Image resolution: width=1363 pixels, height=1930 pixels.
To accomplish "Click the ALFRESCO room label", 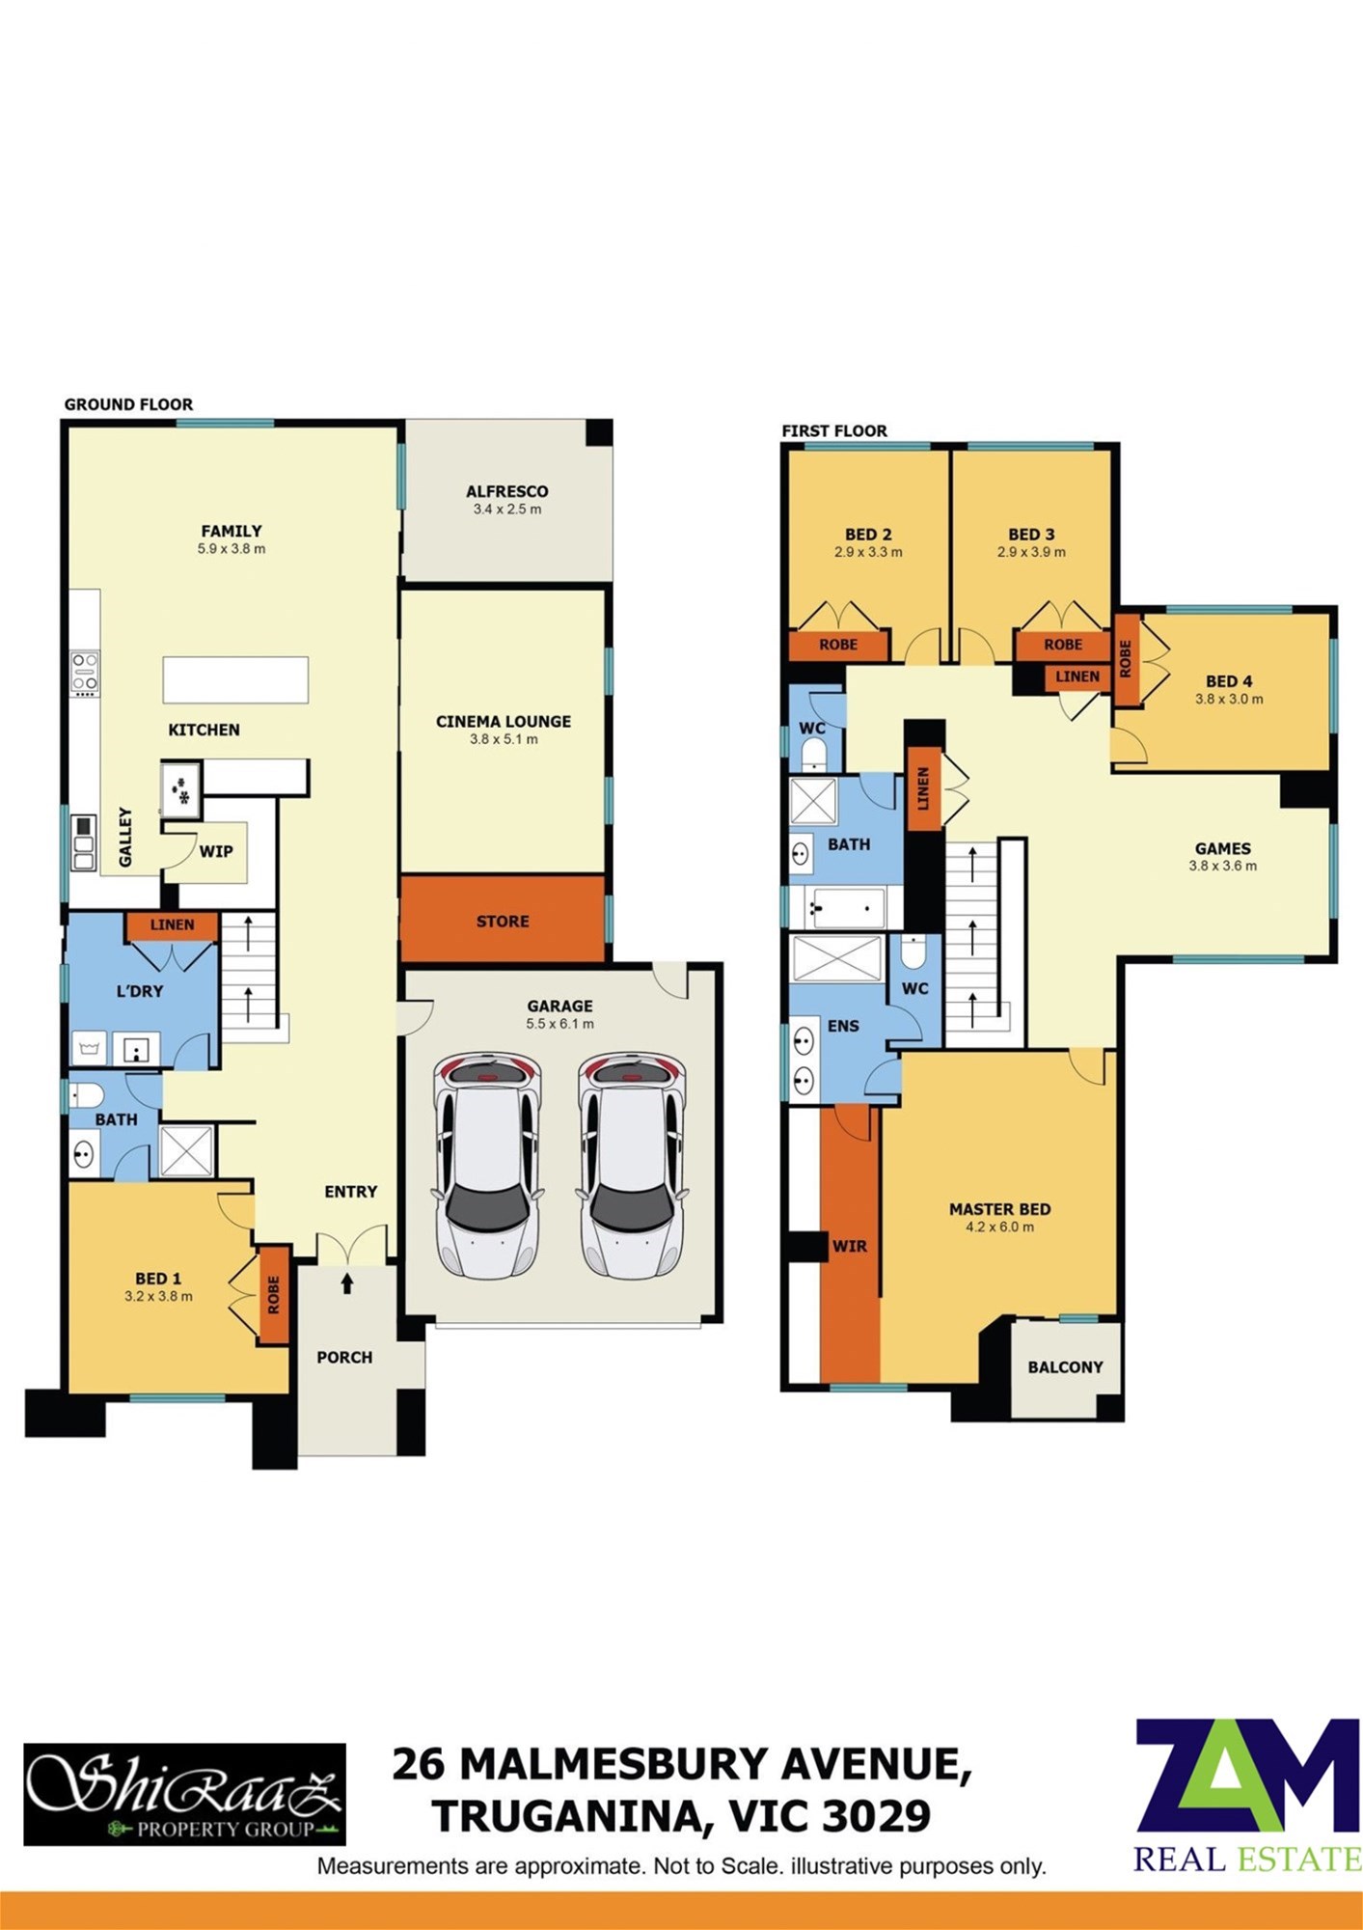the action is (x=506, y=491).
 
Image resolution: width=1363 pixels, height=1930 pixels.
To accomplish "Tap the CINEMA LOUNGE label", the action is (x=503, y=721).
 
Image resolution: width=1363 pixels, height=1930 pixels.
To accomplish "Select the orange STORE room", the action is (x=503, y=919).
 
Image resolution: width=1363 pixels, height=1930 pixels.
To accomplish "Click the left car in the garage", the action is (x=487, y=1165).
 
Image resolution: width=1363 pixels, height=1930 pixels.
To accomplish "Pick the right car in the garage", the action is (x=632, y=1165).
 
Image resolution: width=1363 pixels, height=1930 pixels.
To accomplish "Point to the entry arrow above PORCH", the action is (x=347, y=1282).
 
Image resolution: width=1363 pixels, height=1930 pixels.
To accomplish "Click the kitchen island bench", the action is (x=235, y=679).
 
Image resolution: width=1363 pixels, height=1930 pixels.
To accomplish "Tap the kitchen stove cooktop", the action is (x=85, y=674).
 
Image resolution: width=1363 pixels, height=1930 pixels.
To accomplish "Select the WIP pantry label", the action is (x=216, y=851).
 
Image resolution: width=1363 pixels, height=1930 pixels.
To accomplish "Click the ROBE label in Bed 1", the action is (x=273, y=1295).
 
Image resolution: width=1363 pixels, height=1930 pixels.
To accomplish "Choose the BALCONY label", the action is (x=1065, y=1366).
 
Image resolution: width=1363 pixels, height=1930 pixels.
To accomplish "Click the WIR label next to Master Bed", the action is (x=849, y=1246).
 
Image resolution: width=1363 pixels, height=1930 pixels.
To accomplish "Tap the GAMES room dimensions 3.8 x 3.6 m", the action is (x=1222, y=866).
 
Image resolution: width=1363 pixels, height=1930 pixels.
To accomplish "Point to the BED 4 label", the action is (x=1229, y=681).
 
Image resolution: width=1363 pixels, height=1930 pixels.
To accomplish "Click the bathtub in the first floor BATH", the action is (x=845, y=908).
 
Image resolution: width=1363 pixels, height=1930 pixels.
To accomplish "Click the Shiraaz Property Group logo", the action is (x=184, y=1794).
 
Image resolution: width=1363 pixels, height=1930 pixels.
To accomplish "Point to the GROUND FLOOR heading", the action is (x=128, y=404).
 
